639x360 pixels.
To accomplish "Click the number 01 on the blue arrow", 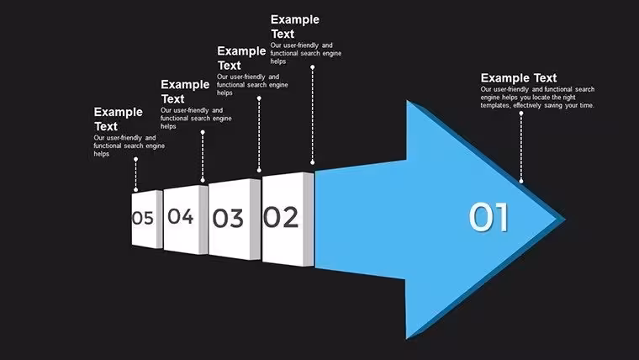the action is tap(488, 217).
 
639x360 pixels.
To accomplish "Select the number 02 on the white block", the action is tap(281, 217).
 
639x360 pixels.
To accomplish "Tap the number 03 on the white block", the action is tap(228, 218).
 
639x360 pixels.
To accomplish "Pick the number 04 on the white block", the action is tap(181, 216).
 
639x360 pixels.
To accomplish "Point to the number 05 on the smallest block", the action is tap(143, 218).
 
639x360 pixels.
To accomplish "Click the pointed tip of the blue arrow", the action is tap(565, 219).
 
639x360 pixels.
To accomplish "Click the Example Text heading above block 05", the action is tap(119, 119).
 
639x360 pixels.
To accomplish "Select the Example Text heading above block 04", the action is tap(185, 92).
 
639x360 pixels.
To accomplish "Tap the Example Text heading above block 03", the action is tap(241, 58).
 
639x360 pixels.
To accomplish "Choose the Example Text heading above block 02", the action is tap(295, 27).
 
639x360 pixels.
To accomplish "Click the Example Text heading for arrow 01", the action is tap(519, 78).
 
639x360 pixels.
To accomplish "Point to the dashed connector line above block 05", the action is tap(135, 174).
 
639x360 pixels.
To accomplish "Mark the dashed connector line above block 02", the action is tap(313, 115).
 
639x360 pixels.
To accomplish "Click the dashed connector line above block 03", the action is tap(259, 135).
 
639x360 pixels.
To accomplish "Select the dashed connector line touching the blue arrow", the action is tap(521, 147).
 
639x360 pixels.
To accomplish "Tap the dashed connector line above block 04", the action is tap(203, 156).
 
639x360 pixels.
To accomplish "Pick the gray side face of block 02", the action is tap(309, 220).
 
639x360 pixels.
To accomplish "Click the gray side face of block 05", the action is tap(160, 220).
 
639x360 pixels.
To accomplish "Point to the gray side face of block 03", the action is tap(255, 220).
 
